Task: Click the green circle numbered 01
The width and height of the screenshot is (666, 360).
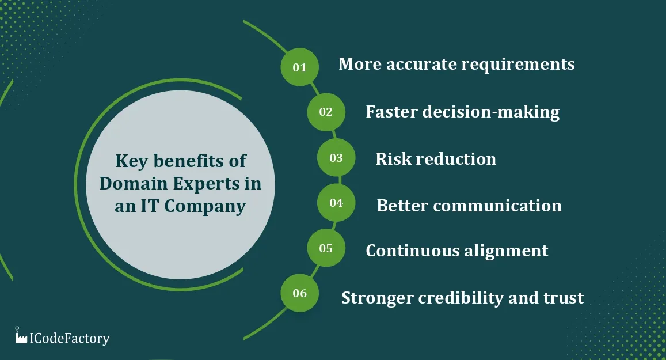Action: (299, 67)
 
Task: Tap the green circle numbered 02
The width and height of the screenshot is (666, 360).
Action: (326, 112)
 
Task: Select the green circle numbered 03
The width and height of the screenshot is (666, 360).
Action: (336, 157)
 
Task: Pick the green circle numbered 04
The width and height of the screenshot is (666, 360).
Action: (336, 203)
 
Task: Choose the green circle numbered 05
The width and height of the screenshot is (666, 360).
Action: (326, 248)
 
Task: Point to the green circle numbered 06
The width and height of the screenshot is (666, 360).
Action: (299, 293)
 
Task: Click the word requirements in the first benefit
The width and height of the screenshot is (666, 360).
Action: (517, 65)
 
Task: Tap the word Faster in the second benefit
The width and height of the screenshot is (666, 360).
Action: (391, 112)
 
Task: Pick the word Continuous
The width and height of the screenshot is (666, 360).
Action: (412, 251)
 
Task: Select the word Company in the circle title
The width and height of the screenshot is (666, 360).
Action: (205, 207)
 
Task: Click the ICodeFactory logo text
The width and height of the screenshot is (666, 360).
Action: (69, 338)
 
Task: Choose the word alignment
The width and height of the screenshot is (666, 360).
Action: (505, 251)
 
